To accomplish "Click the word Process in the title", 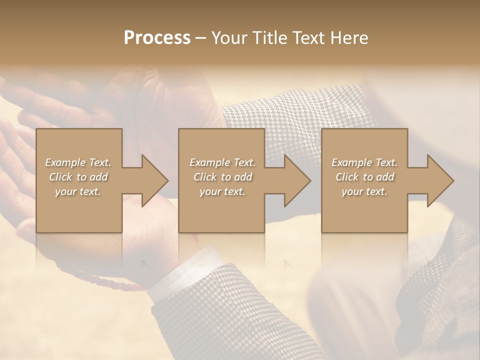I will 157,38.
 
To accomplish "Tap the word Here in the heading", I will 348,38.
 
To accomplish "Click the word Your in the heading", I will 229,38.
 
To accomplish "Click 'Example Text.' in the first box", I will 78,162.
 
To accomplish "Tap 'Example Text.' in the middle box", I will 222,162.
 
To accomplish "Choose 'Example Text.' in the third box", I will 364,162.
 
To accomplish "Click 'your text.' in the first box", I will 78,191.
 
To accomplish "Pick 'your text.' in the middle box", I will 222,191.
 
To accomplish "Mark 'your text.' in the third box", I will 364,191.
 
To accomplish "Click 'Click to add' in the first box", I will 78,177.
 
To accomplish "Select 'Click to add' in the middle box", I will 222,177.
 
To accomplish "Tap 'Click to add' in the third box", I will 364,177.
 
